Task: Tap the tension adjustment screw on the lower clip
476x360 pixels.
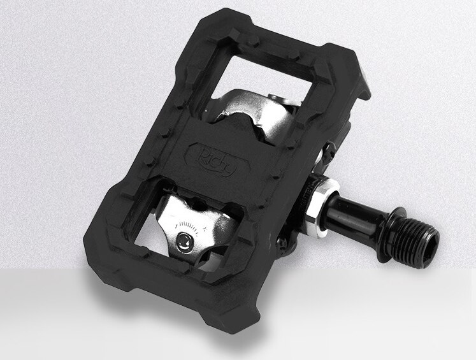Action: click(x=184, y=241)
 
